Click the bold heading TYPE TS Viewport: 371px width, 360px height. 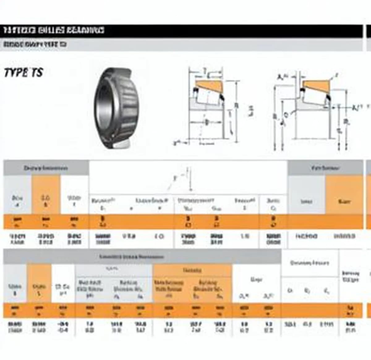point(23,73)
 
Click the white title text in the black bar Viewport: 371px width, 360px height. point(54,30)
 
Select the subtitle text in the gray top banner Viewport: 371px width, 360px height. point(35,44)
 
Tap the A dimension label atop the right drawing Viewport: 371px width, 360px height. point(281,76)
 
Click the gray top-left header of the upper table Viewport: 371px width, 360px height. point(46,168)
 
